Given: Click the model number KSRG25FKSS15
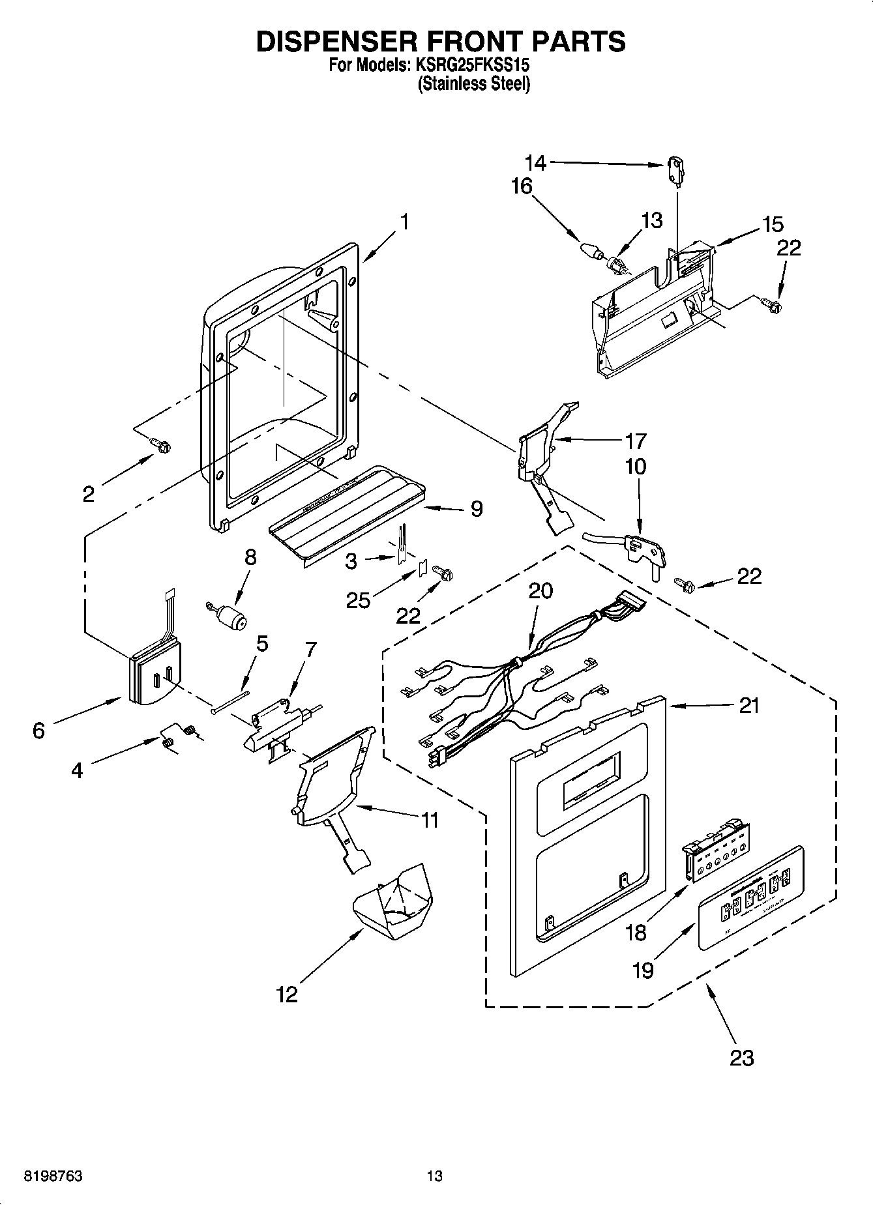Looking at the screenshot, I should pos(470,65).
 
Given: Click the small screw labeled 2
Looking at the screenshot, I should pos(161,444).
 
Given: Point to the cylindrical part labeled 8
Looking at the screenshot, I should pos(229,615).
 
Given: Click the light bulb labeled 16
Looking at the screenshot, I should pos(591,250).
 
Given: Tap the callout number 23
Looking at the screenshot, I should pos(742,1057).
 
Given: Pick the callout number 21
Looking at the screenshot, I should pos(749,705).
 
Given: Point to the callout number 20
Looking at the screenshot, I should pos(540,590).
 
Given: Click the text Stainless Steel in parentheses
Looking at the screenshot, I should pos(473,83).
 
